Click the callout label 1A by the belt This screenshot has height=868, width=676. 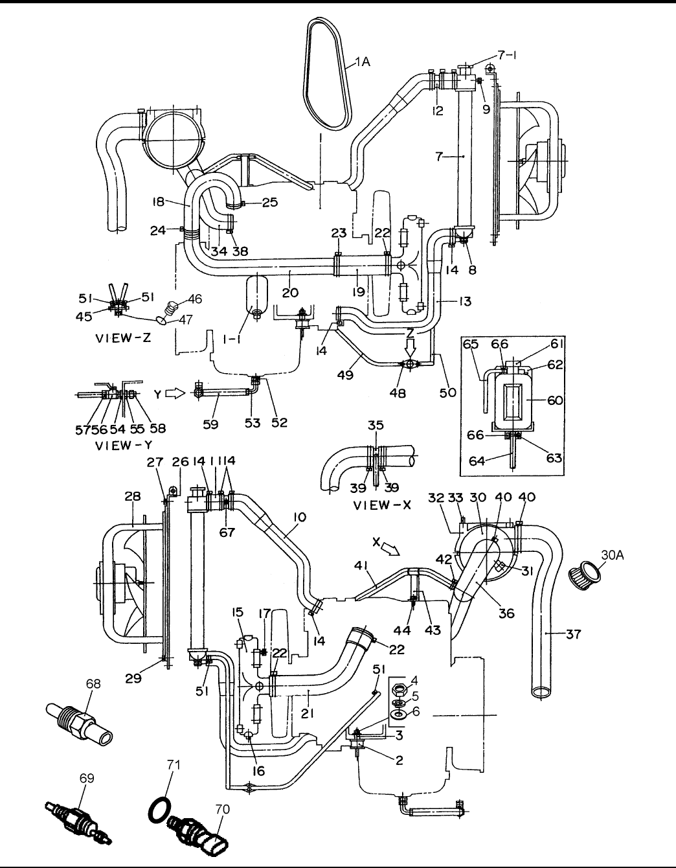point(362,63)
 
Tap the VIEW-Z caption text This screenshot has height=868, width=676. point(123,337)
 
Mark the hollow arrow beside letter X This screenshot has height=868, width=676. point(390,549)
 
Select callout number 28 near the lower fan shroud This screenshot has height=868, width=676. point(133,496)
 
